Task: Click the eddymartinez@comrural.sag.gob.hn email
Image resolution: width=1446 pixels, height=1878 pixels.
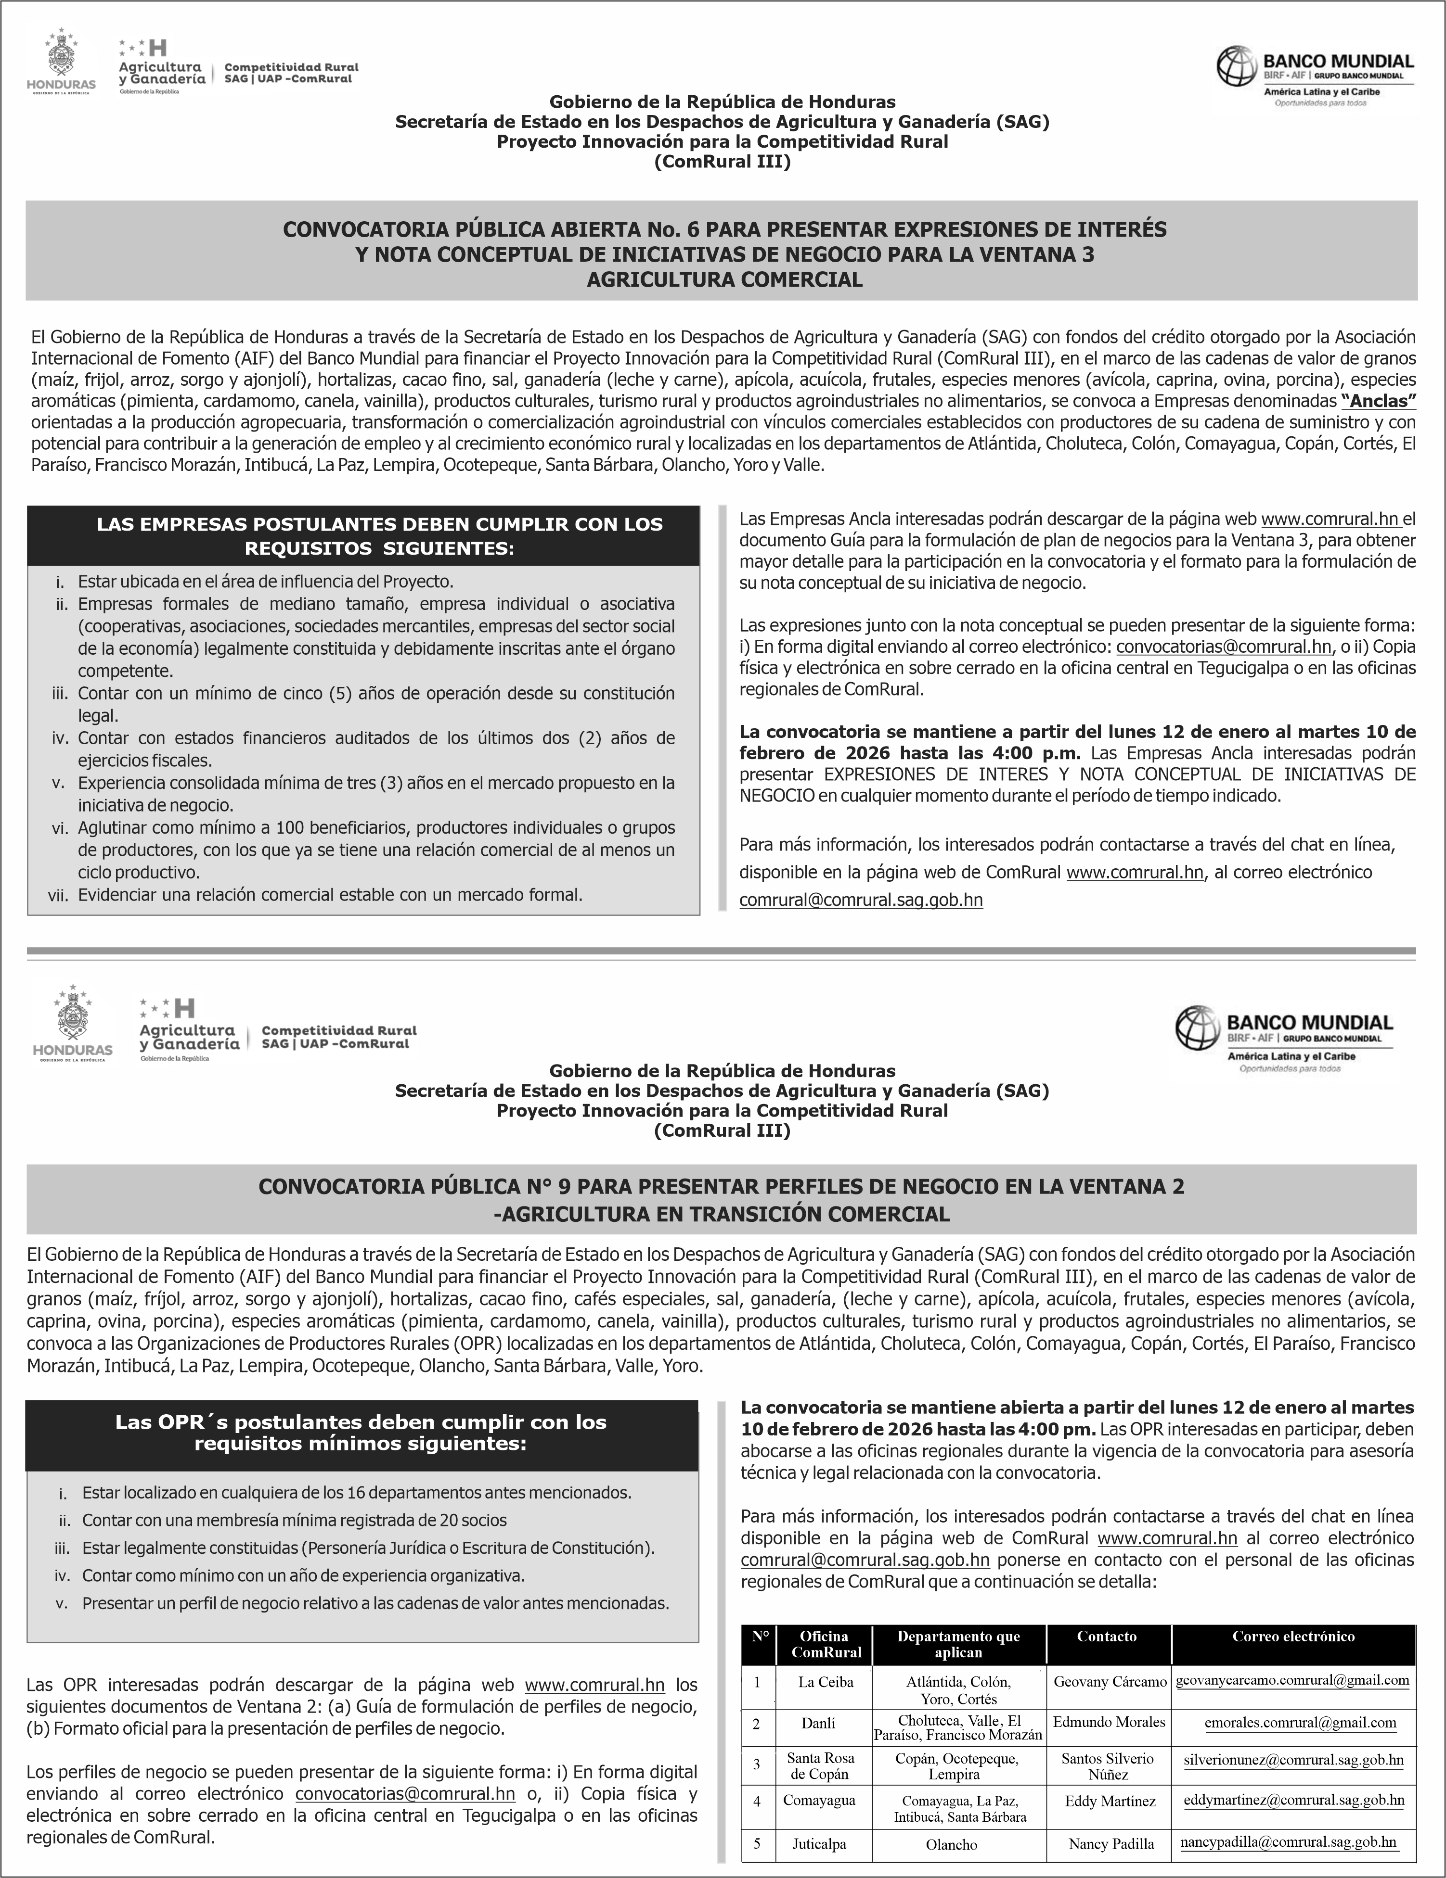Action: pyautogui.click(x=1294, y=1800)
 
